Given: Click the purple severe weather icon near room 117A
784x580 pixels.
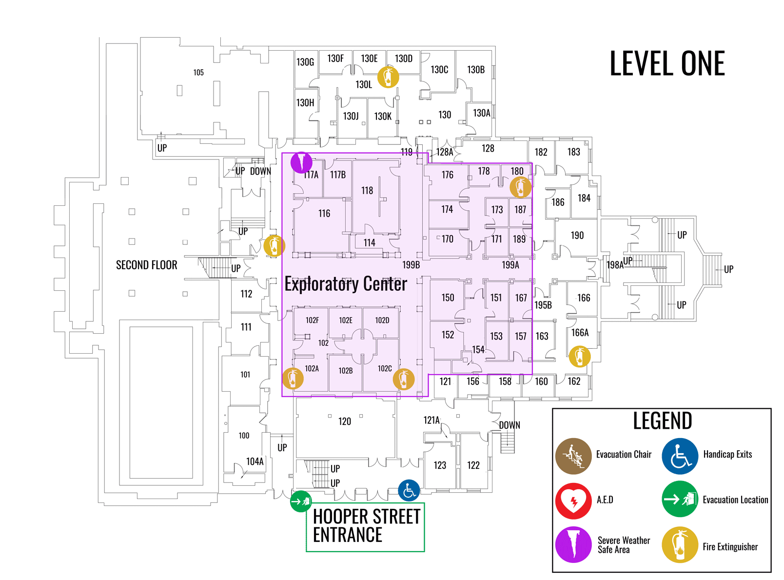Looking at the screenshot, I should click(x=301, y=162).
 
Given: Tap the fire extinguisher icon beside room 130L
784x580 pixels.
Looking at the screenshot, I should click(x=388, y=77).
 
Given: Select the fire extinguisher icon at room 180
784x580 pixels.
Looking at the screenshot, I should click(x=520, y=187).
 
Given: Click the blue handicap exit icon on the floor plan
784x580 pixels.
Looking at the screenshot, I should click(x=409, y=491).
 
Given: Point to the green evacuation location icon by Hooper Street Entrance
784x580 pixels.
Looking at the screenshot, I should click(x=301, y=501).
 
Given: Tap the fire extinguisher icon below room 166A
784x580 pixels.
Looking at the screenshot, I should click(x=579, y=357).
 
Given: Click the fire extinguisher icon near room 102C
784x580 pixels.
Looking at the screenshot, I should click(x=404, y=379).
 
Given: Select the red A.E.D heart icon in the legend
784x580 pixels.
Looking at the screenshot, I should click(x=573, y=501).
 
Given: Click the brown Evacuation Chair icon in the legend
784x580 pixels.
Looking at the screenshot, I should click(x=573, y=456).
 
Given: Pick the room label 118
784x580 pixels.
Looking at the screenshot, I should click(x=367, y=191).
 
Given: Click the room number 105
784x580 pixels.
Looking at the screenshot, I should click(x=198, y=73).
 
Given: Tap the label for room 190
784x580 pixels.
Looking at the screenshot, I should click(x=577, y=236).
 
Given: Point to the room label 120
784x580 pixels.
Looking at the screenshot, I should click(x=345, y=421).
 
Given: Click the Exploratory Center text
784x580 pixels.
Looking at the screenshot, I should click(x=346, y=284).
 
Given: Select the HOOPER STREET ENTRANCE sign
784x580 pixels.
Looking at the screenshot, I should click(x=366, y=526).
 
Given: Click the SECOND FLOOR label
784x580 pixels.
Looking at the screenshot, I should click(x=146, y=265).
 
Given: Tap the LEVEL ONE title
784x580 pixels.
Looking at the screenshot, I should click(x=667, y=64).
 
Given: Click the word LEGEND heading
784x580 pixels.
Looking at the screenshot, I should click(x=662, y=421).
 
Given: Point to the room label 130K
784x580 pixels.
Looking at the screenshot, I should click(x=383, y=117).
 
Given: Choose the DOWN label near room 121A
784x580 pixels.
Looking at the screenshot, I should click(x=510, y=425).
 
